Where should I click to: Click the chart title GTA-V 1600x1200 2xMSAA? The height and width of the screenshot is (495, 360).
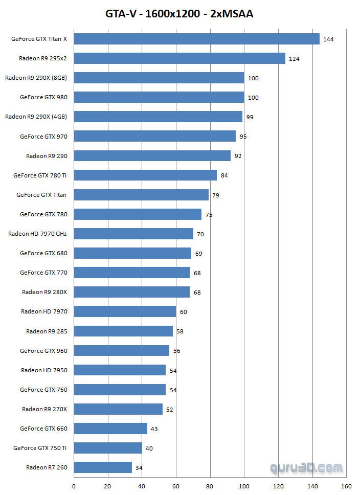click(x=179, y=14)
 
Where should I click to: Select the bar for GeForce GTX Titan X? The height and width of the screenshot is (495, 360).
click(x=197, y=39)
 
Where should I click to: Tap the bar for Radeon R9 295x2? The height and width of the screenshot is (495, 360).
click(x=179, y=58)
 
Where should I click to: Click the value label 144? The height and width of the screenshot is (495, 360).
click(x=328, y=39)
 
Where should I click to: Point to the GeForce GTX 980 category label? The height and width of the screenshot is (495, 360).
click(x=43, y=97)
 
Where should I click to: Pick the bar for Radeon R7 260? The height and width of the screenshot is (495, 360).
click(x=103, y=467)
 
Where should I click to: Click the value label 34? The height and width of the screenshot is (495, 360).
click(x=139, y=468)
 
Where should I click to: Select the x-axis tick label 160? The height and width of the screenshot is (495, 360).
click(x=346, y=486)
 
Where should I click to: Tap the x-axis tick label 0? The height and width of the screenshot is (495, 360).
click(x=74, y=486)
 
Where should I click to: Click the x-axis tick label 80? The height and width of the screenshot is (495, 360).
click(x=210, y=486)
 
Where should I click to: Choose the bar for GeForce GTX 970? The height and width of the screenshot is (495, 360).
click(x=155, y=136)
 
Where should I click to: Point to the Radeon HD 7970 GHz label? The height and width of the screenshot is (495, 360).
click(x=37, y=234)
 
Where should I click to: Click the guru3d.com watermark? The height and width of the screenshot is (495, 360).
click(x=306, y=467)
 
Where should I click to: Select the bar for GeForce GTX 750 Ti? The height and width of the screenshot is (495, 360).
click(x=108, y=448)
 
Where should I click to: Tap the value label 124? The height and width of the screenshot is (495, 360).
click(x=294, y=59)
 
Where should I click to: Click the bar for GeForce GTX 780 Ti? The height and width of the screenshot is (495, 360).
click(x=146, y=175)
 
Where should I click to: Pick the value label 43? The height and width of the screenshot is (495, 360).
click(x=154, y=429)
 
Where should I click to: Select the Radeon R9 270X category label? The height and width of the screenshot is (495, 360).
click(x=44, y=409)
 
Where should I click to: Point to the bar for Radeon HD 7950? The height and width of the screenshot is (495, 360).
click(x=120, y=370)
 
